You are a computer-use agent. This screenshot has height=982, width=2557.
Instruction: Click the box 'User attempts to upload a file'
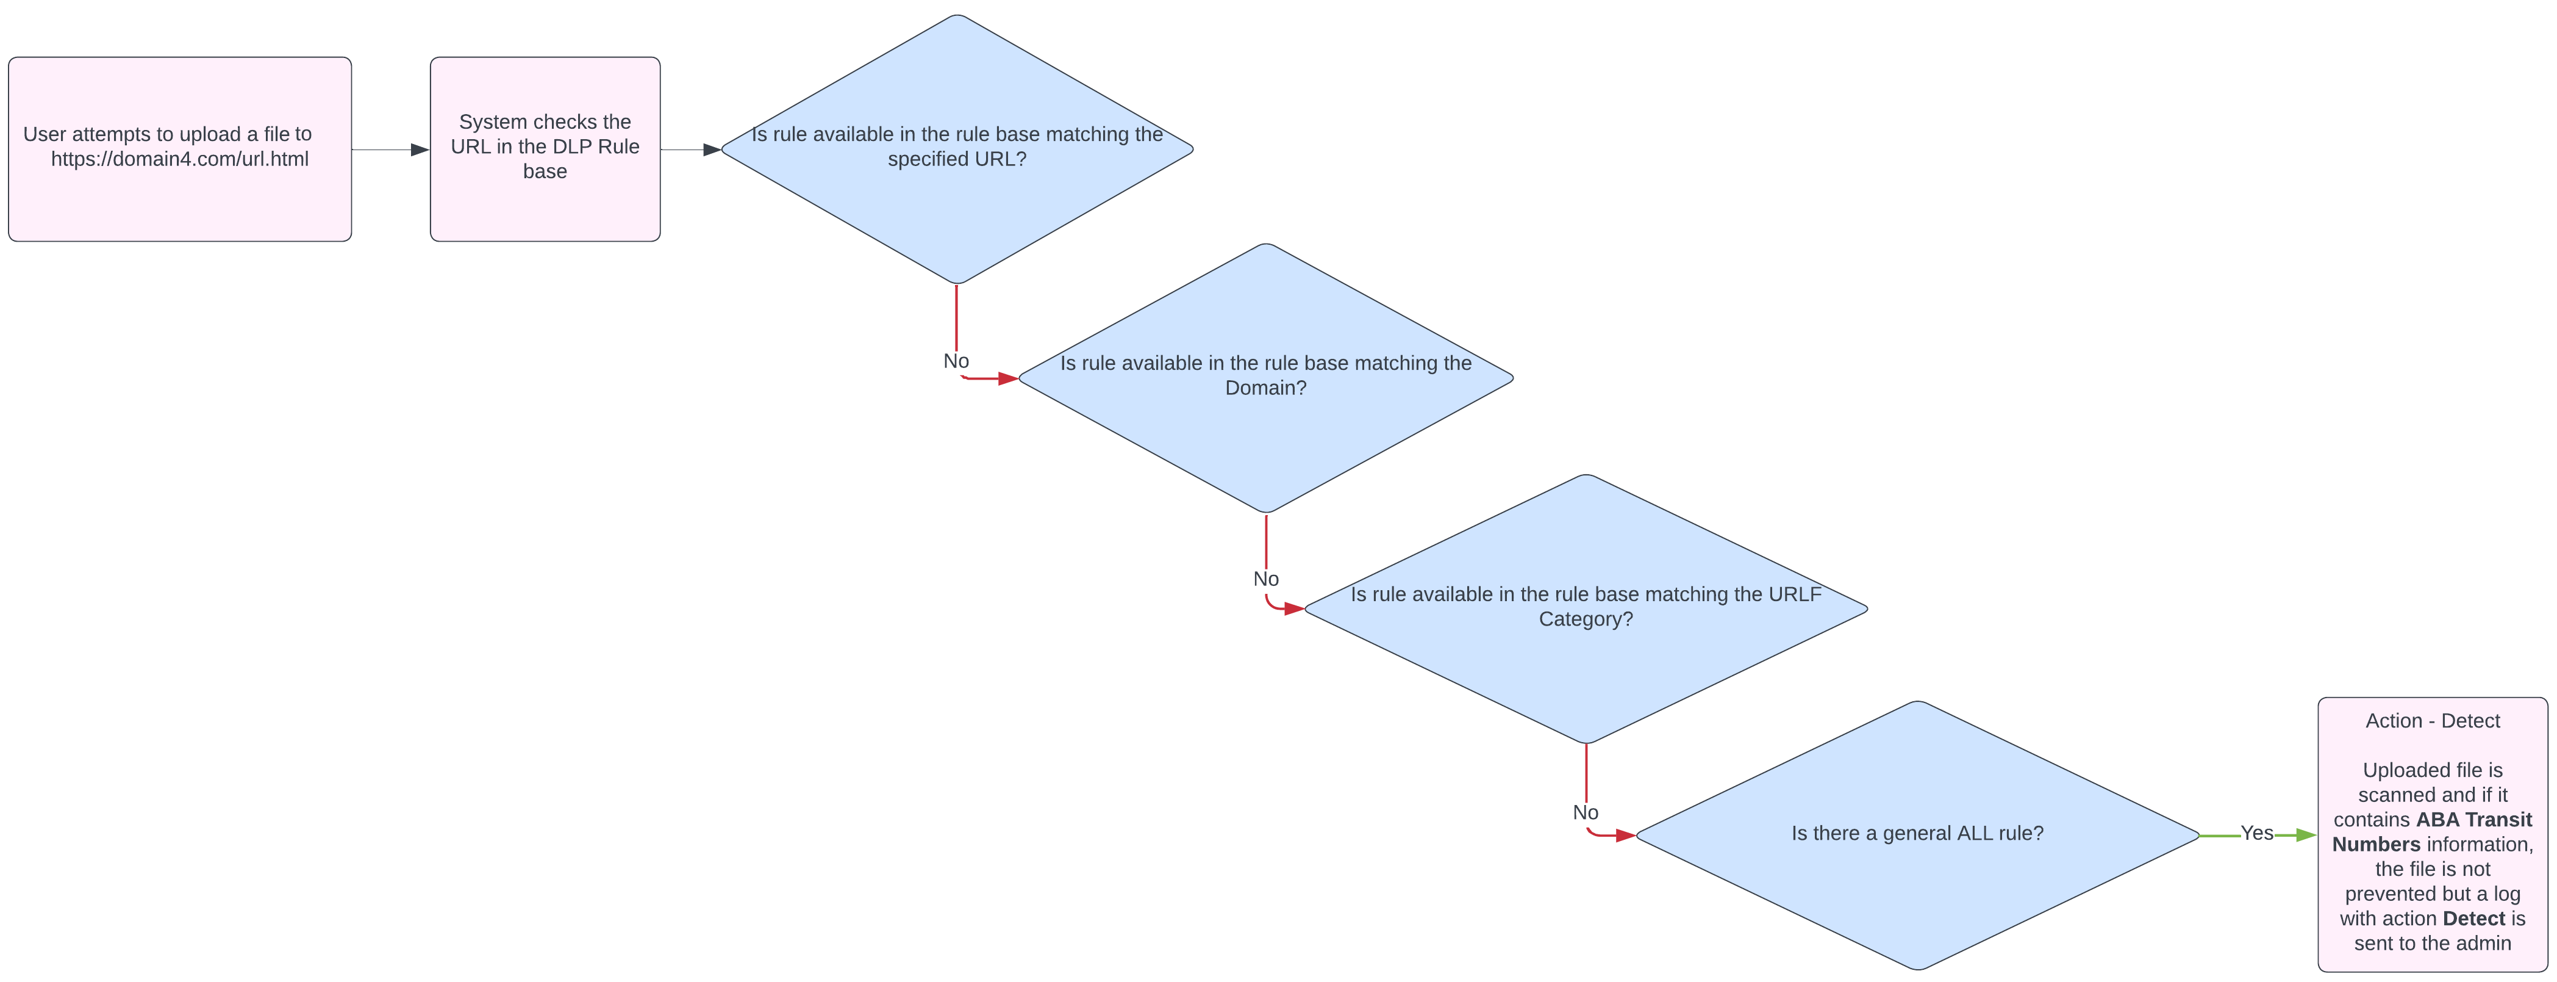click(x=180, y=149)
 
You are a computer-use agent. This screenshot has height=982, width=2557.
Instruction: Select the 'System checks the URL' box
click(x=545, y=149)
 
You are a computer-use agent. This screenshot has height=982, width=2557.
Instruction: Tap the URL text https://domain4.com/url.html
click(x=180, y=159)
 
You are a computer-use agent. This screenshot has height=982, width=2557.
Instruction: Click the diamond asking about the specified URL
click(x=957, y=149)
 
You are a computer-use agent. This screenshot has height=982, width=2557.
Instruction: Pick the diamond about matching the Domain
click(x=1265, y=378)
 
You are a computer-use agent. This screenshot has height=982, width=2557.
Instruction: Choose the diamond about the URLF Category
click(x=1585, y=608)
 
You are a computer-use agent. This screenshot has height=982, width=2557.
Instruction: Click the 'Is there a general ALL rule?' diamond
click(x=1918, y=835)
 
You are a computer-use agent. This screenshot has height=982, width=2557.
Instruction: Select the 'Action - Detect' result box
click(x=2432, y=834)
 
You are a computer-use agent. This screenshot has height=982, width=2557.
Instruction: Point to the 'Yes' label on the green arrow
click(x=2256, y=833)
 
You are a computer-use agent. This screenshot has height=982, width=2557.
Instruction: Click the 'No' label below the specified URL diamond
click(x=956, y=361)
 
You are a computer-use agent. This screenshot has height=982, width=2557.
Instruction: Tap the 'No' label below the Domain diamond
click(x=1265, y=579)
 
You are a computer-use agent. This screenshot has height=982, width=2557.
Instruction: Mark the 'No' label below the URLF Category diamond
click(x=1585, y=812)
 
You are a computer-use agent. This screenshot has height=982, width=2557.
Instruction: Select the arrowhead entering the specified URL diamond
click(x=712, y=150)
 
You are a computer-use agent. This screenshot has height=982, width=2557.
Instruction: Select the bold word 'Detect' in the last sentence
click(x=2473, y=919)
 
